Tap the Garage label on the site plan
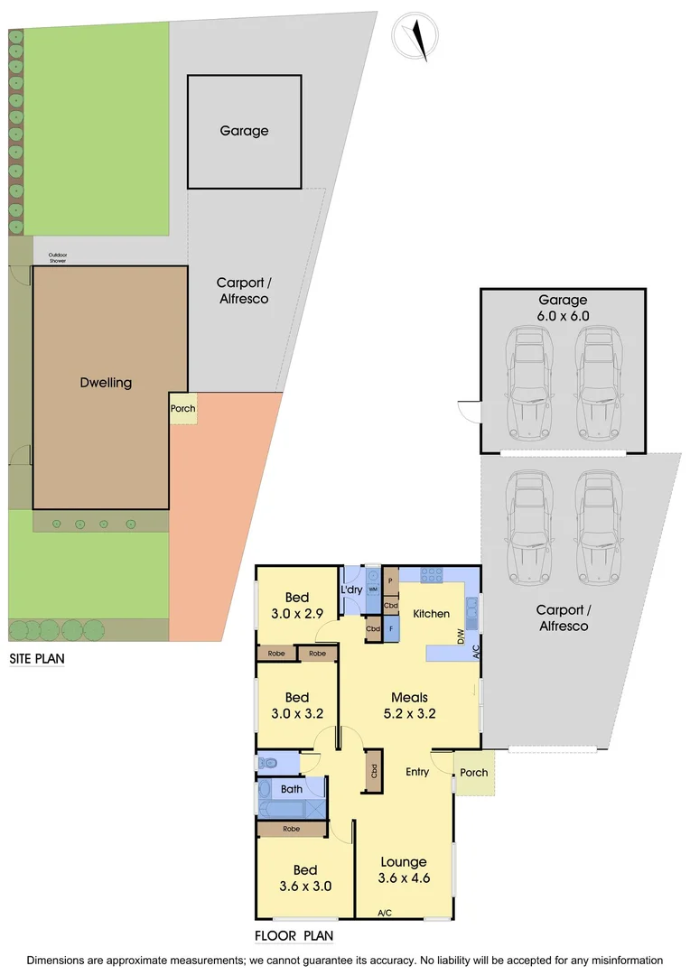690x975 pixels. pos(244,131)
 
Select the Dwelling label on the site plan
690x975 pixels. pos(106,383)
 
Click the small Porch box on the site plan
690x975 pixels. pos(182,409)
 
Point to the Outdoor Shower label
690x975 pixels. pos(58,258)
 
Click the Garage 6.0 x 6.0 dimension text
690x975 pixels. pos(563,309)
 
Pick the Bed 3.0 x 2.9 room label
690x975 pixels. pos(297,605)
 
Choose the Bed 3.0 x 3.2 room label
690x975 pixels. pos(297,705)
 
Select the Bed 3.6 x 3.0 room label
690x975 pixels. pos(305,877)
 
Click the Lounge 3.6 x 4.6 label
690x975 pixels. pos(403,869)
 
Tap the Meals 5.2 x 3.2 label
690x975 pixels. pos(409,705)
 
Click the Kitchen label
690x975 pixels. pos(431,614)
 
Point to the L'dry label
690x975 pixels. pos(351,590)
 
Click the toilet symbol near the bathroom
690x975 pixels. pos(268,763)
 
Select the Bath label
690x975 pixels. pos(291,789)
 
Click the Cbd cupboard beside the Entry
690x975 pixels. pos(373,772)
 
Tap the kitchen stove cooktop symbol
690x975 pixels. pos(431,572)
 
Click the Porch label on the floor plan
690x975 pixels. pos(473,772)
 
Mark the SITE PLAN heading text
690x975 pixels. pos(37,659)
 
